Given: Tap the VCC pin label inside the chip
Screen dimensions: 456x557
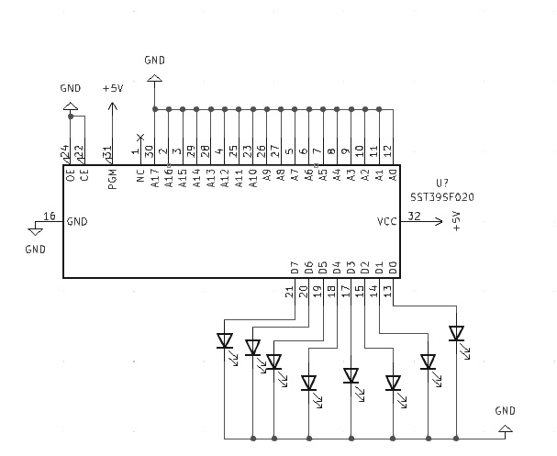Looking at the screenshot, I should (387, 221).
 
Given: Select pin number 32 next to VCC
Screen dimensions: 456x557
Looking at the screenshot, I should (415, 217).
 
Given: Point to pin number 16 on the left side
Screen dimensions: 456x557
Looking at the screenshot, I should (49, 217).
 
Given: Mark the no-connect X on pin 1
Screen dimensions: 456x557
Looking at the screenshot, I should (139, 136).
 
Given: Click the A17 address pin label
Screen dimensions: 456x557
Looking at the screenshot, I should (154, 176).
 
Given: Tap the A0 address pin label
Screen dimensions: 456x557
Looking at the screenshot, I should (393, 174).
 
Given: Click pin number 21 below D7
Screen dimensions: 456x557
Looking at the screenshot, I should (290, 292).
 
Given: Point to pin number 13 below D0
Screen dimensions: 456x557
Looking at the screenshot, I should (388, 292).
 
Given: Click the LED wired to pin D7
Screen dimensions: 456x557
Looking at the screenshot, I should (225, 341).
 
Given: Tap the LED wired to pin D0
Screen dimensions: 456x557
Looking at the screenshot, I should (456, 334).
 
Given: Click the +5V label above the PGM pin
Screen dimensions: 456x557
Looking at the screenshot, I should (112, 88).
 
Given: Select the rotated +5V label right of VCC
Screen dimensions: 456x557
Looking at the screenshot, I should (457, 222).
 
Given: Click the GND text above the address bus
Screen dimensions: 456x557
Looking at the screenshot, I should (155, 61).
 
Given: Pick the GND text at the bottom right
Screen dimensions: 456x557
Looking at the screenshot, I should (505, 410).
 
